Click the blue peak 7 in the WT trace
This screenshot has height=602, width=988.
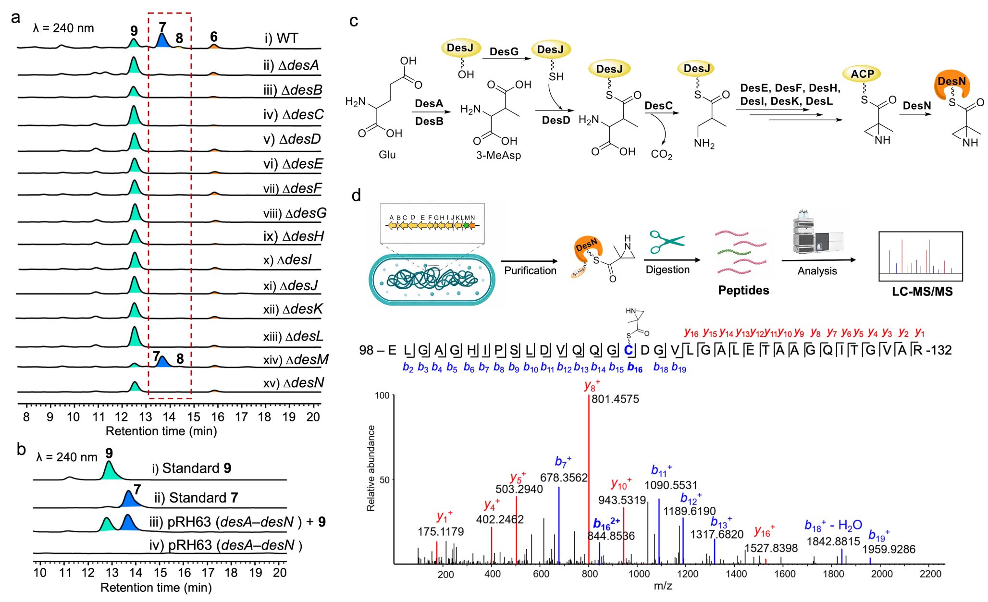[x=162, y=41]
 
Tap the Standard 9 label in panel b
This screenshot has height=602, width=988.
[x=191, y=468]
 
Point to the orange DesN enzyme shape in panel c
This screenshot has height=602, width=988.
[x=951, y=85]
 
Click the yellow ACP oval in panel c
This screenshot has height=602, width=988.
[x=862, y=74]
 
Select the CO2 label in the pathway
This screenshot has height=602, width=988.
[x=661, y=154]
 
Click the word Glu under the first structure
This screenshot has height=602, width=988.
[x=387, y=155]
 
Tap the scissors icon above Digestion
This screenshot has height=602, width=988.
[x=667, y=242]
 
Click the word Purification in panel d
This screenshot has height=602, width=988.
[x=530, y=270]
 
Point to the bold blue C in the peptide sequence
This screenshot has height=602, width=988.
[x=628, y=350]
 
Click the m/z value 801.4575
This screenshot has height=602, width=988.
[x=615, y=399]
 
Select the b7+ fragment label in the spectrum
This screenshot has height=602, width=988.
[x=563, y=462]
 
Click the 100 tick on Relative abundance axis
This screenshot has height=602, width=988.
[x=382, y=395]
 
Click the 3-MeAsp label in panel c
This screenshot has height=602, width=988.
[x=498, y=155]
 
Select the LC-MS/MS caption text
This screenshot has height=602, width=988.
[x=922, y=292]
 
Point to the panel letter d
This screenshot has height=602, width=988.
[x=356, y=196]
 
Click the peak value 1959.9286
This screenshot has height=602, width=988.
[x=889, y=549]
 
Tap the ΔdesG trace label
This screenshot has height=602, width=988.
[x=295, y=213]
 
